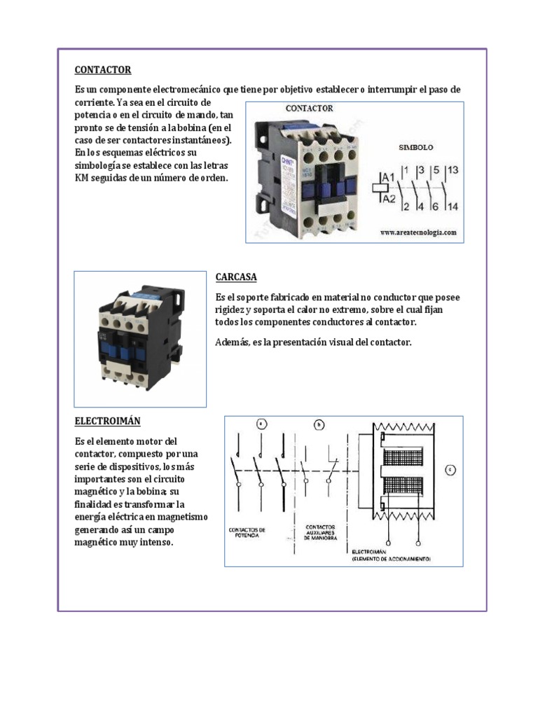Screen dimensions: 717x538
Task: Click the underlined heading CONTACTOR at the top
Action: tap(103, 70)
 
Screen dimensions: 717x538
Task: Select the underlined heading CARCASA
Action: tap(236, 277)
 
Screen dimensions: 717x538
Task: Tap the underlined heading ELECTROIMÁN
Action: tap(108, 421)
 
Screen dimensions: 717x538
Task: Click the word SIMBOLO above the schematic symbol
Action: tap(416, 148)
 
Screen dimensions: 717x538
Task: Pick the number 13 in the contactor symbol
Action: tap(452, 170)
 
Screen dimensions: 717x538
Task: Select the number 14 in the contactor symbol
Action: tap(452, 206)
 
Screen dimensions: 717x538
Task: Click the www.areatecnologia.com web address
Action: tap(418, 232)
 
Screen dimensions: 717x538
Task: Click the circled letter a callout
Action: tap(261, 424)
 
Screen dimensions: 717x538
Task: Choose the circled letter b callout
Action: tap(319, 424)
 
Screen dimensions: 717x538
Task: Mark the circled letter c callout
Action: tap(450, 469)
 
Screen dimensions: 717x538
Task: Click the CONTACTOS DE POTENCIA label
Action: tap(247, 534)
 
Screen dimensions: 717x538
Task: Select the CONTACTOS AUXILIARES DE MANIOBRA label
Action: tap(321, 532)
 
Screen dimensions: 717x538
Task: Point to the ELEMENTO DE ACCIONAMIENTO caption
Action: tap(392, 559)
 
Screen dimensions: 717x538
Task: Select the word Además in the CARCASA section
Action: tap(232, 342)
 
